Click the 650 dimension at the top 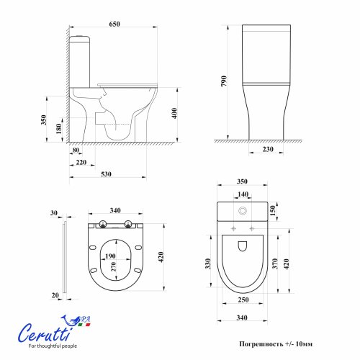pyautogui.click(x=114, y=24)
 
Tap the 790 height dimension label pyautogui.click(x=224, y=81)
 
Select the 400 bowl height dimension pyautogui.click(x=174, y=113)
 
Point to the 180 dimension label pyautogui.click(x=58, y=129)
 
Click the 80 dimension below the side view pyautogui.click(x=76, y=150)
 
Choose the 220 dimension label pyautogui.click(x=81, y=163)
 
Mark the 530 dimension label pyautogui.click(x=106, y=174)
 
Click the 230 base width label pyautogui.click(x=268, y=149)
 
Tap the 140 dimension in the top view pyautogui.click(x=243, y=194)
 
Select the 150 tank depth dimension pyautogui.click(x=273, y=211)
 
